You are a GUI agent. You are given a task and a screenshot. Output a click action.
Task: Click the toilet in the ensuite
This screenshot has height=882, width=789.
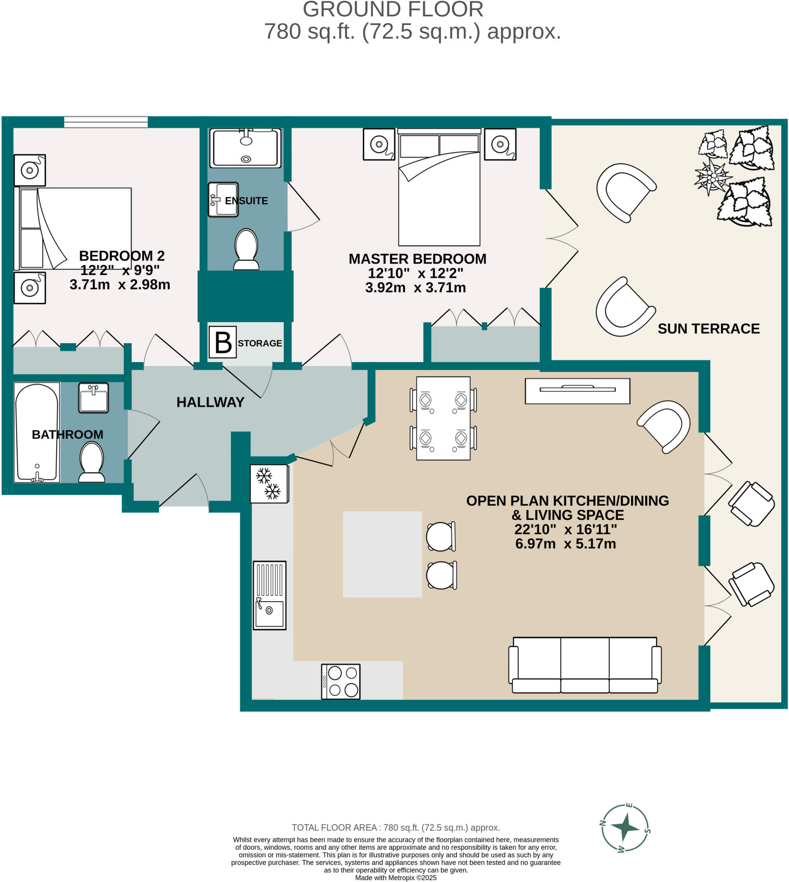point(246,249)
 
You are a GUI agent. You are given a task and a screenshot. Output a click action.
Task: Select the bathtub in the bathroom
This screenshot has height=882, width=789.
point(37,432)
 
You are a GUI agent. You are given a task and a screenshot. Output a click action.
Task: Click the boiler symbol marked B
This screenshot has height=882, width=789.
point(223,342)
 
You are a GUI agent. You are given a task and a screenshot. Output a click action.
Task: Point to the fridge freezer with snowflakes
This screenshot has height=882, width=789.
point(269,484)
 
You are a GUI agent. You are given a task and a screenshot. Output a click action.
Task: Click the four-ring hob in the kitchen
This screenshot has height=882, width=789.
point(341,681)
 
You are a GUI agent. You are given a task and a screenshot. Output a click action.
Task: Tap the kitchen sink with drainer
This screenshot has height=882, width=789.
point(270,595)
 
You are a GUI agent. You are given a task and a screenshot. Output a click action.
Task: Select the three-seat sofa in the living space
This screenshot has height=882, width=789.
point(585,665)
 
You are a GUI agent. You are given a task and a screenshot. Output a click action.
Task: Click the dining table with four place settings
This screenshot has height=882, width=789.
point(443,419)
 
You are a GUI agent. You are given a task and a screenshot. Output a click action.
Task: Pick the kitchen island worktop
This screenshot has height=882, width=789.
point(382,555)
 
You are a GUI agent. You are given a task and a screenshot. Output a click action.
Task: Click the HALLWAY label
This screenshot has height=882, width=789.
point(210,402)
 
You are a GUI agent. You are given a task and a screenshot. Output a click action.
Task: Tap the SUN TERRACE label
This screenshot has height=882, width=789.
point(708,329)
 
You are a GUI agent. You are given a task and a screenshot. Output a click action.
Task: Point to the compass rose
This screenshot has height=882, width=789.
point(625,828)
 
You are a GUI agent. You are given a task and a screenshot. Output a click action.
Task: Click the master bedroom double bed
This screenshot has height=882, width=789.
point(439,187)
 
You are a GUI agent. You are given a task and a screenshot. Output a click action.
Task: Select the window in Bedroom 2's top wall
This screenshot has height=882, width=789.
point(106,122)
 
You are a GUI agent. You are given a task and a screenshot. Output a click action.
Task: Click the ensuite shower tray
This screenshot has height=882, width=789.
point(245,148)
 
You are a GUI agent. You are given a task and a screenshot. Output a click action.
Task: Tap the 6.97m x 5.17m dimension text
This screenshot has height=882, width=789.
point(565,543)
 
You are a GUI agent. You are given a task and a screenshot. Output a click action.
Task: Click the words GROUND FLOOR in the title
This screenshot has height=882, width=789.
point(393,9)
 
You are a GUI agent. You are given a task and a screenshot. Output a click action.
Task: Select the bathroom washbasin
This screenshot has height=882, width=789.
point(93,397)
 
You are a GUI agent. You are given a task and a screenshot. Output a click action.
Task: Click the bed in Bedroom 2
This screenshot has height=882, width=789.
point(73,228)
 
